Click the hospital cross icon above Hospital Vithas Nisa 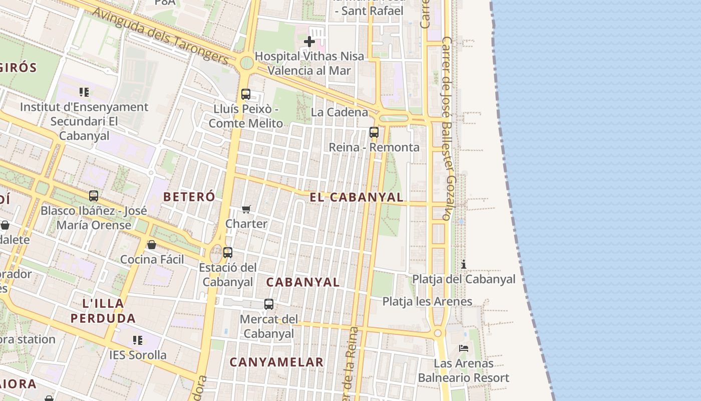point(309,42)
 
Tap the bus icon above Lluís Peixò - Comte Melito point(246,94)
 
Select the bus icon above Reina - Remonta point(374,132)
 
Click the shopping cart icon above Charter point(246,209)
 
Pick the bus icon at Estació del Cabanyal point(228,253)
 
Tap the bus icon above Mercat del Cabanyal point(269,304)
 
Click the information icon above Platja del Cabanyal point(464,264)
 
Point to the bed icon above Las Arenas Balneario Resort point(464,348)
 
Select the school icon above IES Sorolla point(138,340)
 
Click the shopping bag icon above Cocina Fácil point(152,245)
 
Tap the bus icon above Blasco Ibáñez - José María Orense point(94,196)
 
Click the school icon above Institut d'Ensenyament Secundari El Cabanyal point(84,92)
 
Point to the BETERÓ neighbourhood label point(189,196)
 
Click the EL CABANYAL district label point(357,197)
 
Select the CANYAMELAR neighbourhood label point(276,362)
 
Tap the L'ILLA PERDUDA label point(103,310)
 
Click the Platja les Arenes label point(427,301)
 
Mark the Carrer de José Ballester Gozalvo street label point(449,128)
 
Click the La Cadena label point(339,112)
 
